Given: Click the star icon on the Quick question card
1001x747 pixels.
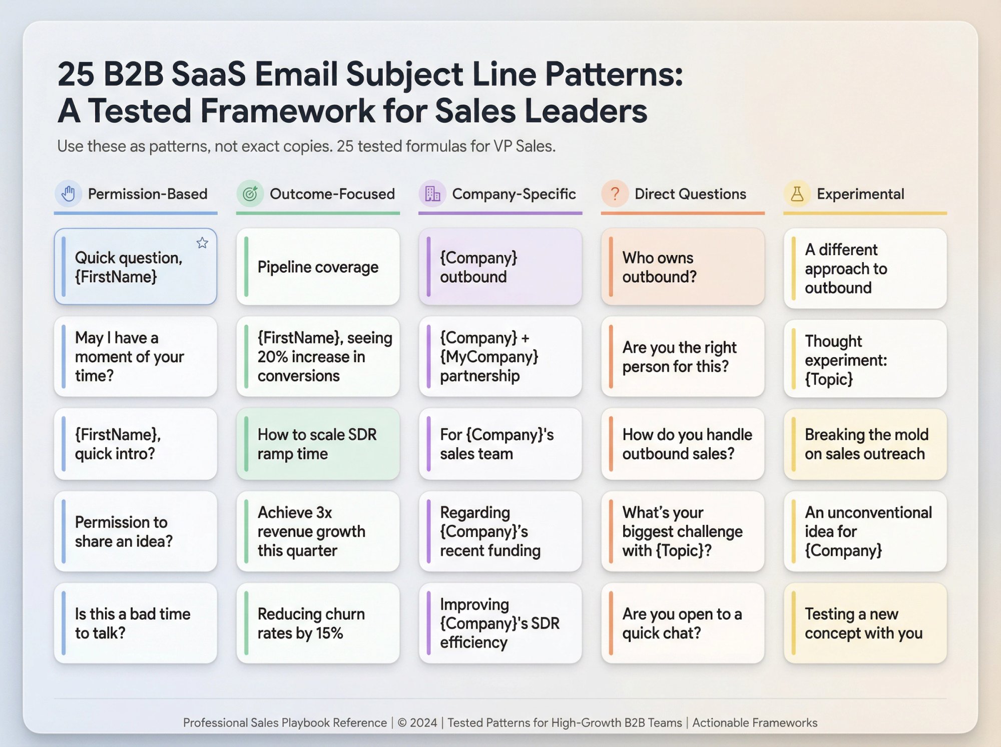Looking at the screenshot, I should pyautogui.click(x=202, y=243).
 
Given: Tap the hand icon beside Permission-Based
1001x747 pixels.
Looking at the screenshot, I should pyautogui.click(x=68, y=194).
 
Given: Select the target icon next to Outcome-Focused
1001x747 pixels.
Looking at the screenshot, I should pyautogui.click(x=250, y=194).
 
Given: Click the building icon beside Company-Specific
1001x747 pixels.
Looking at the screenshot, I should pyautogui.click(x=432, y=194).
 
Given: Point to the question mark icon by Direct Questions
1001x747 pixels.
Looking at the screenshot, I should pyautogui.click(x=615, y=194).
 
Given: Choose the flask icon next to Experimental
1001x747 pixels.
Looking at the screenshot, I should pyautogui.click(x=797, y=194).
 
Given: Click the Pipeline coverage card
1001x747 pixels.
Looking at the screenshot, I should pyautogui.click(x=318, y=267).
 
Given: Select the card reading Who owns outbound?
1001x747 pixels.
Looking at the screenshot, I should pyautogui.click(x=683, y=267).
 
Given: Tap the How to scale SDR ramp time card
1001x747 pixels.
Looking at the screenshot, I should pyautogui.click(x=318, y=444).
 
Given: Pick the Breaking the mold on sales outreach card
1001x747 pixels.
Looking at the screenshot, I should pyautogui.click(x=865, y=444).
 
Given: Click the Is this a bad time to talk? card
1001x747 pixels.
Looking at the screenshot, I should pyautogui.click(x=136, y=623).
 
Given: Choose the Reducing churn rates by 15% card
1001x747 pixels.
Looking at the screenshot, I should pyautogui.click(x=318, y=623).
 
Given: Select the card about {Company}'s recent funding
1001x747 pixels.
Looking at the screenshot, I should pyautogui.click(x=500, y=531).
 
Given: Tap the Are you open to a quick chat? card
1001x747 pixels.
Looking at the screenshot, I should pyautogui.click(x=683, y=623).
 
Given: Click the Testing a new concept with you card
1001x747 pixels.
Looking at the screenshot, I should pyautogui.click(x=865, y=623).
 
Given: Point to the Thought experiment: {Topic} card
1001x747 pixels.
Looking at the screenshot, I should pyautogui.click(x=865, y=360).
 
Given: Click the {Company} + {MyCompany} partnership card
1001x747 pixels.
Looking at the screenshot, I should pyautogui.click(x=500, y=357).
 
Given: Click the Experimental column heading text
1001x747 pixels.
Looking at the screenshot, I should pyautogui.click(x=860, y=194).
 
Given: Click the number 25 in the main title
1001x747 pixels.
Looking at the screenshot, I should pyautogui.click(x=76, y=74).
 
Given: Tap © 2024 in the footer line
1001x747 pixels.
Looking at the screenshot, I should pyautogui.click(x=417, y=722).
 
